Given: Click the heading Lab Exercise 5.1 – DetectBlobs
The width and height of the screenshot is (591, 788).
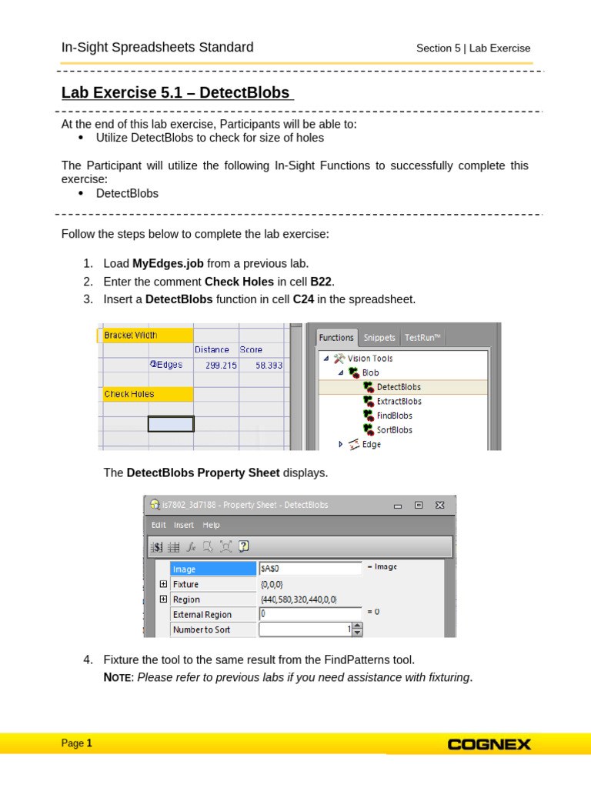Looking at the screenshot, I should coord(176,93).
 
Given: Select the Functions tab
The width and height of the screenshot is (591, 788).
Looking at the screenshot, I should coord(336,337).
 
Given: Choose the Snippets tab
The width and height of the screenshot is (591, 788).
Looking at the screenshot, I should coord(379,337).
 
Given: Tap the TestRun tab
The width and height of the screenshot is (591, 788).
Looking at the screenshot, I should coord(422,337).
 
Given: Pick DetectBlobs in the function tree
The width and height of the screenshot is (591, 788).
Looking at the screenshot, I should coord(399,387).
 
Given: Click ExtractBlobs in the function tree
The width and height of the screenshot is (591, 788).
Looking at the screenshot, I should coord(399,402).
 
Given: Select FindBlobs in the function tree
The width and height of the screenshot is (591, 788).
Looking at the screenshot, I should coord(394,416).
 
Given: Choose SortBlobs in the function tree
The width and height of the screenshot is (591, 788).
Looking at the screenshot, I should coord(394,430).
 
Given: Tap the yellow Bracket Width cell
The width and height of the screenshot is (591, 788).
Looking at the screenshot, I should coord(147,336).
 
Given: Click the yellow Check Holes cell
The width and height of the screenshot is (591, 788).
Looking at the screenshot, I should coord(147,394).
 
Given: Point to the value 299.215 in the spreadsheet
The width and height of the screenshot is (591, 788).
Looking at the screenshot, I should coord(221,365).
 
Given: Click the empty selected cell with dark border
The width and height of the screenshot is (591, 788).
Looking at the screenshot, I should coord(171,423).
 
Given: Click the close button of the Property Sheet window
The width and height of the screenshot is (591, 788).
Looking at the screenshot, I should coord(439,505).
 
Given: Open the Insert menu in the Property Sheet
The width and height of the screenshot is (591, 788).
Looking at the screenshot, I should coord(184,525).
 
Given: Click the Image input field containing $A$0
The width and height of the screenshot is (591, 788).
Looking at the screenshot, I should coord(310,569).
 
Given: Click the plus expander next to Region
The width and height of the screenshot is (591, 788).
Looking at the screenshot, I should coord(163,599).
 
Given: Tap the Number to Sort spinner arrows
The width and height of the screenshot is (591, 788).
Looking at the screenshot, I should coord(357,629).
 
